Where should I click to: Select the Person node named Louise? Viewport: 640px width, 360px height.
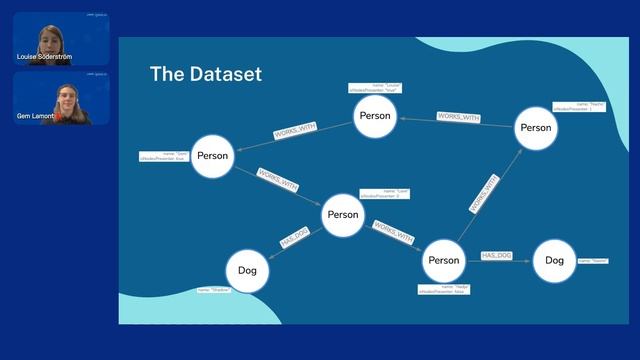click(375, 116)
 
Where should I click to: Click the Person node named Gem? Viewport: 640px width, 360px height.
click(212, 155)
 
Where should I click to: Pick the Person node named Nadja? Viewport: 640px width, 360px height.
click(443, 261)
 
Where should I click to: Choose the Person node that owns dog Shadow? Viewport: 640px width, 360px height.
click(343, 215)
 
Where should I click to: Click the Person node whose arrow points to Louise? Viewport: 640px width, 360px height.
click(535, 127)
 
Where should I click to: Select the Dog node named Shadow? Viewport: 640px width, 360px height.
click(247, 270)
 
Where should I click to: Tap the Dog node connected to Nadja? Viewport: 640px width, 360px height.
click(554, 261)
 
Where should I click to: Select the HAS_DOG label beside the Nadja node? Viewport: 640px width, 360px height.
click(497, 257)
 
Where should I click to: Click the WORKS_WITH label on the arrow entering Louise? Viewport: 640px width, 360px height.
click(459, 117)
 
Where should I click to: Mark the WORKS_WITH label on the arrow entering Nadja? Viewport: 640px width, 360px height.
click(393, 233)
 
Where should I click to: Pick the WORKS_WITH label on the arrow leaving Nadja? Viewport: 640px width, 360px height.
click(484, 194)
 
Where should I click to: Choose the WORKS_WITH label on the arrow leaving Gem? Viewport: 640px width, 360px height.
click(277, 180)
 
